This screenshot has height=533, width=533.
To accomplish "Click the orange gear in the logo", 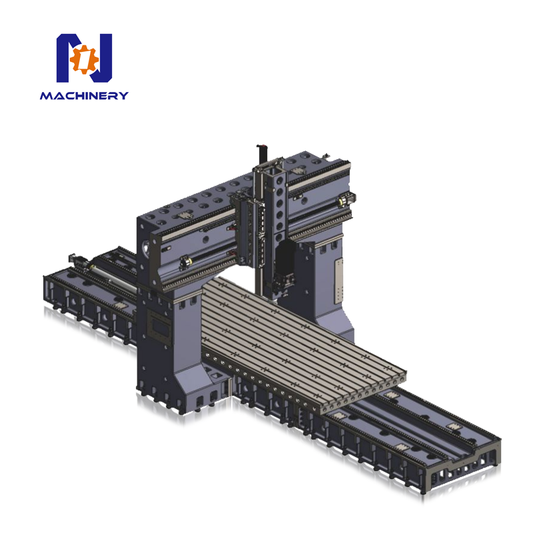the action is coord(84,59).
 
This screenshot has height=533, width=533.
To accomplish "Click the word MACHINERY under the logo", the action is coord(85,95).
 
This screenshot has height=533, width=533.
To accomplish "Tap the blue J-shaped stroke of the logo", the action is coord(101,58).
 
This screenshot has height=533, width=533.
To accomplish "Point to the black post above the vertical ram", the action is coord(262,155).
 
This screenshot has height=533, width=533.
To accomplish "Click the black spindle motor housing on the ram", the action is coord(285,259).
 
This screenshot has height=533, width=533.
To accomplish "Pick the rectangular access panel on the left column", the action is coord(158,326).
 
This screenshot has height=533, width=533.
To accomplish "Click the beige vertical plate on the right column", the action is coord(338,281).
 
